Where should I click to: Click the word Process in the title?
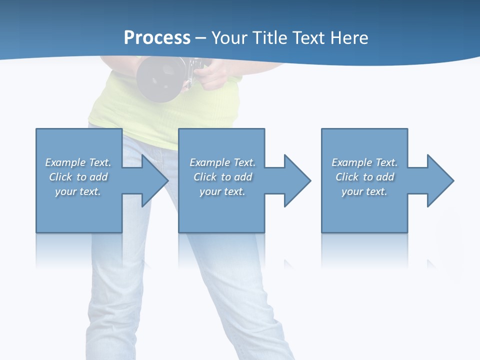(x=157, y=38)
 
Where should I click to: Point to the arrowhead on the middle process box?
(x=297, y=180)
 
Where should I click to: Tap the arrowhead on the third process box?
(x=440, y=180)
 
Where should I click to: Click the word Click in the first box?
(x=61, y=177)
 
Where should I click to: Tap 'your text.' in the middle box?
(x=222, y=191)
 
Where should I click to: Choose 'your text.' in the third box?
(x=364, y=191)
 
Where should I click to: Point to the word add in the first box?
(x=98, y=177)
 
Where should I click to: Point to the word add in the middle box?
(x=243, y=177)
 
